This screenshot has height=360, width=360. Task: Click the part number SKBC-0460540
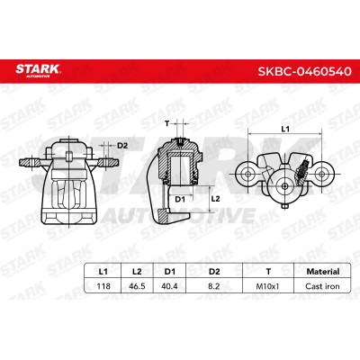tap(304, 71)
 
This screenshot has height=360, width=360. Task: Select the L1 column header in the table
tap(103, 272)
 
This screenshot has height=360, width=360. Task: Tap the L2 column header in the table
tap(137, 272)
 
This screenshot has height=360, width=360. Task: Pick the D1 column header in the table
tap(169, 272)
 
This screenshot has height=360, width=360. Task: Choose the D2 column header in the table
tap(214, 272)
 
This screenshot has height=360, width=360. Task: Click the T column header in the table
tap(268, 272)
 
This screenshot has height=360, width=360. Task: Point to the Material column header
tap(323, 272)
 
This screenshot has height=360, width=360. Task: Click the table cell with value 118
tap(103, 286)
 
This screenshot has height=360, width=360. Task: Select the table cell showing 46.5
tap(137, 286)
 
